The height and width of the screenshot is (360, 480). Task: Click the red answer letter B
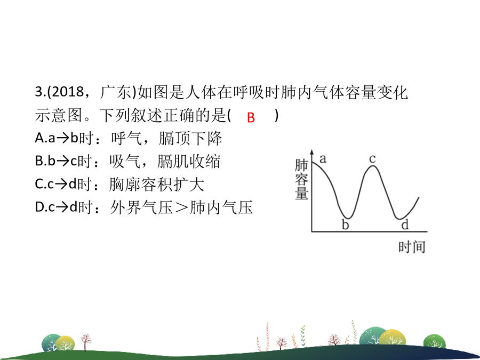click(251, 117)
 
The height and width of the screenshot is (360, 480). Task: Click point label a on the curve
click(323, 159)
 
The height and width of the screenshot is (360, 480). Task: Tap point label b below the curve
click(345, 225)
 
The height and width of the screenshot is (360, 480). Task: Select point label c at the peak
click(372, 159)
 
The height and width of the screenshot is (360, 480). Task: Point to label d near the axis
click(405, 225)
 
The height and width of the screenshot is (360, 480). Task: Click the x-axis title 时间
click(412, 247)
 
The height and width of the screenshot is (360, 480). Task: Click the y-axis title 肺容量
click(301, 179)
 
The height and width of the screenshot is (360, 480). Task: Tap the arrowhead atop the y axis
click(311, 152)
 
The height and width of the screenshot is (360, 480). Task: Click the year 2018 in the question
click(68, 92)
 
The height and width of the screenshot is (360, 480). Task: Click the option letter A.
click(39, 138)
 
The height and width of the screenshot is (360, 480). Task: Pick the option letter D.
click(39, 207)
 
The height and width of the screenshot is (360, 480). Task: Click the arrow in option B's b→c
click(63, 162)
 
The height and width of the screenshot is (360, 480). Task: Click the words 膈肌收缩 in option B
click(189, 161)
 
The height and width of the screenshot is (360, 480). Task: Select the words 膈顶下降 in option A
click(190, 138)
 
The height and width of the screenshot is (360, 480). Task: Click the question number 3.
click(39, 92)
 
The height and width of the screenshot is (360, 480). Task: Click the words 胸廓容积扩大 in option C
click(156, 185)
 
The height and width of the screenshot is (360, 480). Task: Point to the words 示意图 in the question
click(59, 115)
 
